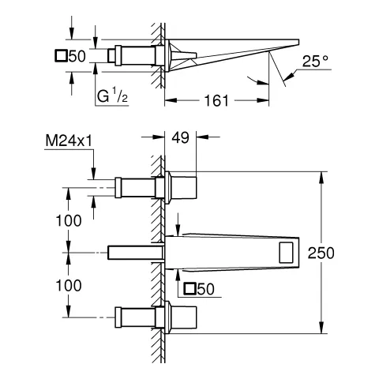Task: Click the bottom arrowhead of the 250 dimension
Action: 320,330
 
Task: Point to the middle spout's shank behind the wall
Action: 133,252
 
